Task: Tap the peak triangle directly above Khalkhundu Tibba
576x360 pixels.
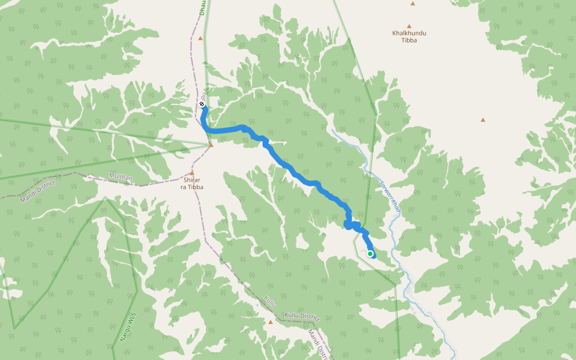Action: [x=409, y=26]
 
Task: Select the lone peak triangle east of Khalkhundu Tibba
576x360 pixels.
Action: [x=483, y=120]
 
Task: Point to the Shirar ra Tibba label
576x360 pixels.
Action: [x=192, y=184]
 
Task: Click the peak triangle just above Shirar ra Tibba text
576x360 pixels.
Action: [x=192, y=172]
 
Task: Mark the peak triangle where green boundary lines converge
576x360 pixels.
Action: [x=211, y=145]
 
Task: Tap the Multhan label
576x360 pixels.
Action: [x=121, y=177]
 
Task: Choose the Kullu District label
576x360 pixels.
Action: [x=301, y=316]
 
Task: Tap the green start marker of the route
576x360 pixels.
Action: [x=370, y=254]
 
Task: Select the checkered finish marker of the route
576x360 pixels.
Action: [x=202, y=104]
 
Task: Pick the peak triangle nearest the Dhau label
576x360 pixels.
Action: [x=200, y=38]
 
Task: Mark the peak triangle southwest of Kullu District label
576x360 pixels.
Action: [x=271, y=322]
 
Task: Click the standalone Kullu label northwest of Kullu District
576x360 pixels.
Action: [x=271, y=302]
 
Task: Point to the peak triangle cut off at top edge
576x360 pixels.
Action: [x=413, y=4]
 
